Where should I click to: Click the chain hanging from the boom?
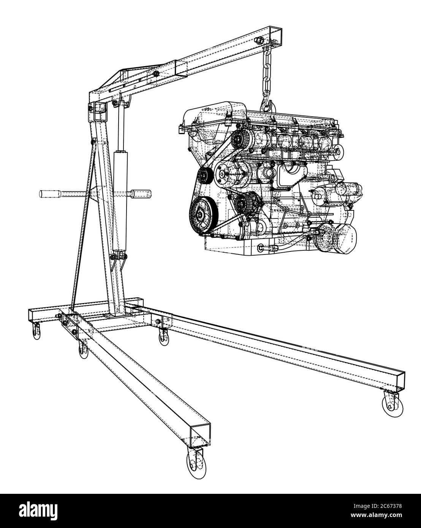(266, 76)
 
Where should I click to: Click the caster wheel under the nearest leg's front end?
(195, 462)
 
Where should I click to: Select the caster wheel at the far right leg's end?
(390, 404)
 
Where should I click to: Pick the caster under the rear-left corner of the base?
(36, 330)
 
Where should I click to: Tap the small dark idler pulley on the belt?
(206, 176)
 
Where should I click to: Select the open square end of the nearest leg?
(200, 433)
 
